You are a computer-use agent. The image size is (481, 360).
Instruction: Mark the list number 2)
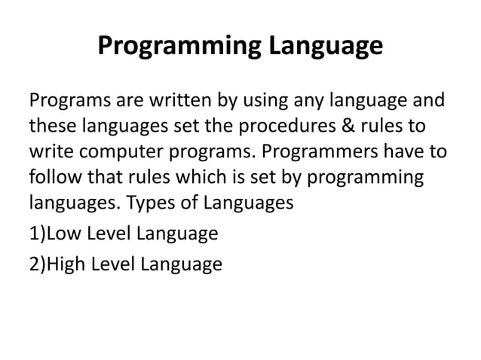tap(37, 264)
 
